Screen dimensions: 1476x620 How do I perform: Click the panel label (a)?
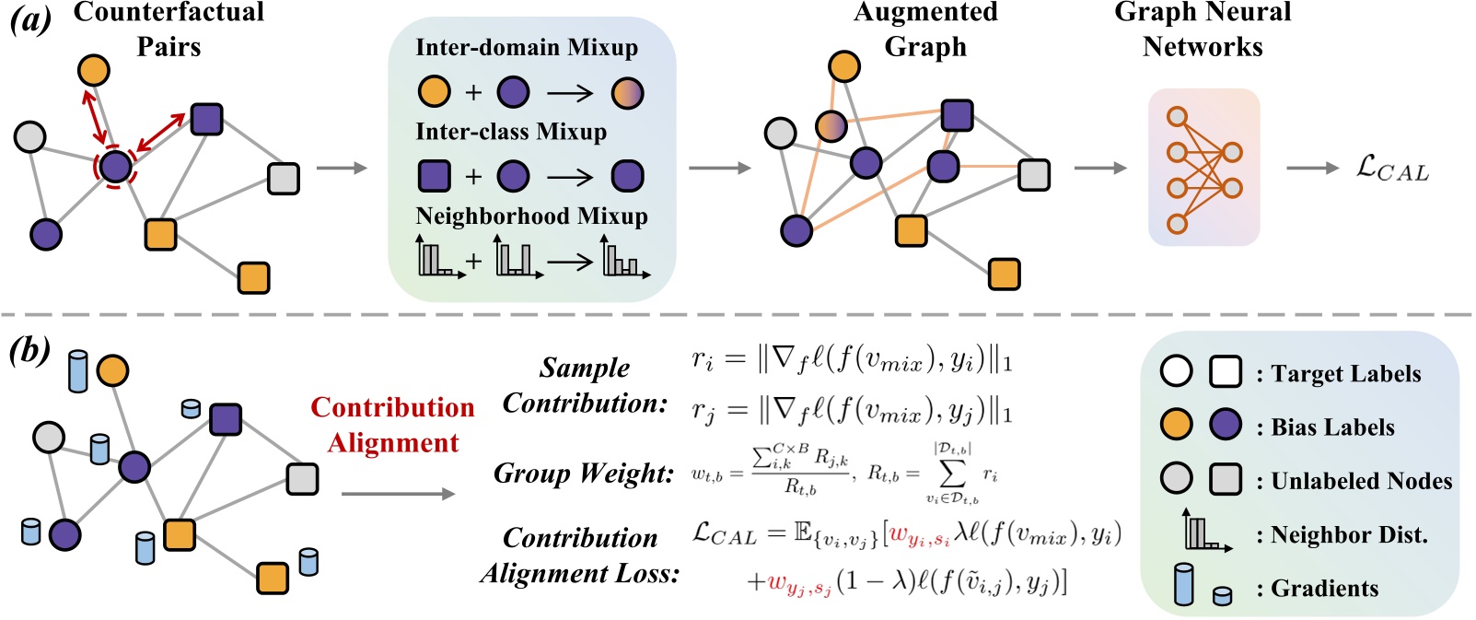click(x=30, y=21)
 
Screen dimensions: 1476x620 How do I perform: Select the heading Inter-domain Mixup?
click(x=527, y=48)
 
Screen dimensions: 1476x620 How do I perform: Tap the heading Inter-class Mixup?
click(x=511, y=132)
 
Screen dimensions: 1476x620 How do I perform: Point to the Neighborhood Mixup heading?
click(x=531, y=216)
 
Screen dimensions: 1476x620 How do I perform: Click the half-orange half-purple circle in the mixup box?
click(x=627, y=93)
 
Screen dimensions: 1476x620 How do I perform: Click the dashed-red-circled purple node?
click(x=116, y=166)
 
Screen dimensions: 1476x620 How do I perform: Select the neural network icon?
click(x=1203, y=169)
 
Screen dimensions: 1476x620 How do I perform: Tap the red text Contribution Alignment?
click(x=393, y=425)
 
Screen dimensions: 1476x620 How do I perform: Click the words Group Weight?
click(x=584, y=473)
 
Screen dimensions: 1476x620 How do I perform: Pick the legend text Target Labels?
click(x=1345, y=374)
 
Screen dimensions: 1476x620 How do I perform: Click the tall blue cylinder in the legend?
click(x=1183, y=585)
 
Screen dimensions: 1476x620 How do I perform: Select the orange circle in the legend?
click(x=1176, y=424)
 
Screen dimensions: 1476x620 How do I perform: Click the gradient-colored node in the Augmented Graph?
click(x=831, y=126)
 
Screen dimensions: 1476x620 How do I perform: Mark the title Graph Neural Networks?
click(x=1203, y=29)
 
